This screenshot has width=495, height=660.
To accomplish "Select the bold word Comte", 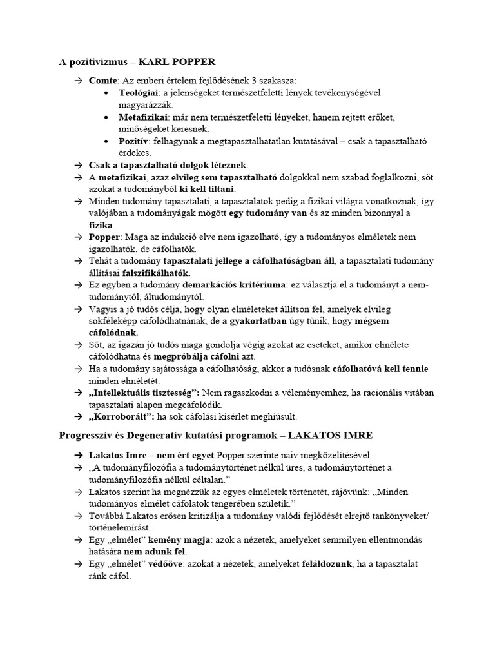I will point(103,81).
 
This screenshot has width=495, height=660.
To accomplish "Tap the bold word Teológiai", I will point(139,93).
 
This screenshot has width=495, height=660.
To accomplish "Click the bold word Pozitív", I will point(133,141).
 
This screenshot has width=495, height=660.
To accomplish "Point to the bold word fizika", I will point(101,225).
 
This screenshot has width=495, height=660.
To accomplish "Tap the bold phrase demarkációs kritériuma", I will point(239,286).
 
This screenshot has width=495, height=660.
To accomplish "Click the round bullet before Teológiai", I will point(106,93).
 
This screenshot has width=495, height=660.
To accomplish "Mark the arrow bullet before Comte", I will point(77,81).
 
